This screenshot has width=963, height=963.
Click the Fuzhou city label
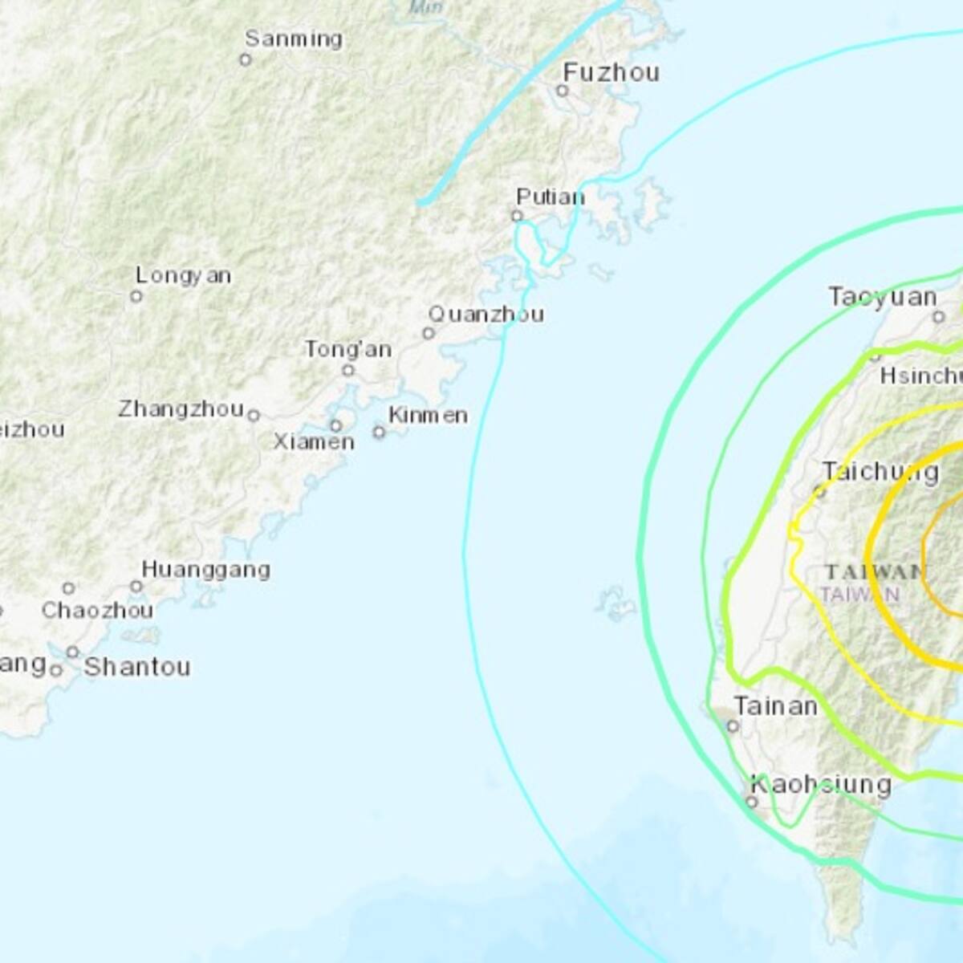click(611, 72)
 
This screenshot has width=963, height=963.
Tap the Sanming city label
click(293, 39)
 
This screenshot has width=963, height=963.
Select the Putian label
click(551, 197)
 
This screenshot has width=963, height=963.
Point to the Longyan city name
click(183, 276)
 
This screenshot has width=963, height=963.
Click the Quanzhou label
click(486, 314)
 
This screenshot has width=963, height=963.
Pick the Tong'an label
click(347, 349)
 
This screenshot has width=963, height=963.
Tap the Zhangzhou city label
click(181, 409)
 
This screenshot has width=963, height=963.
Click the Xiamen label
click(313, 442)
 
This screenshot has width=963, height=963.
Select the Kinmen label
click(428, 415)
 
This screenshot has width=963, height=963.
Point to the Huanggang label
click(205, 570)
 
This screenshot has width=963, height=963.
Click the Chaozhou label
click(97, 611)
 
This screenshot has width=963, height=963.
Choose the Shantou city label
click(137, 667)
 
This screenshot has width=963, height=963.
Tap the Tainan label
click(775, 706)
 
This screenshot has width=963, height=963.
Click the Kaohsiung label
click(820, 784)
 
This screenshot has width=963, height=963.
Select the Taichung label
click(880, 472)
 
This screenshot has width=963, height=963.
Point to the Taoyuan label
click(882, 297)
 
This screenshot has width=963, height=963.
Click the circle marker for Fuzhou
click(563, 91)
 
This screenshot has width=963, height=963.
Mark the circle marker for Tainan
click(733, 726)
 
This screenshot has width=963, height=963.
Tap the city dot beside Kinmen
click(379, 433)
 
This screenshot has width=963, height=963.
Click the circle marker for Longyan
click(136, 296)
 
